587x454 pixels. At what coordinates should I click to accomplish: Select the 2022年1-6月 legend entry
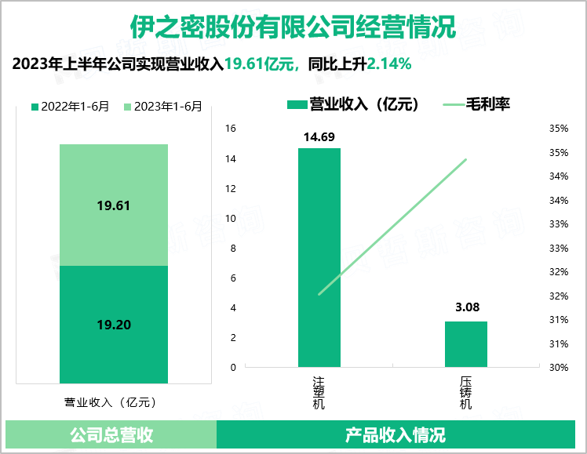tap(70, 107)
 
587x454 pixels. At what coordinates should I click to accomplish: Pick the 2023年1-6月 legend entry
tap(162, 107)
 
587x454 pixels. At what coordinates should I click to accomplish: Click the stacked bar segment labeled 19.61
tap(114, 205)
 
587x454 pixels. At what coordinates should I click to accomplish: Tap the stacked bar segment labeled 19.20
tap(114, 324)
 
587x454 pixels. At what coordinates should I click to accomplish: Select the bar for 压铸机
tap(466, 343)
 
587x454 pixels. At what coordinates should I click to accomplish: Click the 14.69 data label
tap(319, 137)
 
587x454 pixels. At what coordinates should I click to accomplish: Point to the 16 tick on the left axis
tap(230, 129)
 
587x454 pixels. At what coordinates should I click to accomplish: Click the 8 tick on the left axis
tap(232, 248)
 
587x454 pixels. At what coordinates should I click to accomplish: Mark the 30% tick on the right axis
tap(558, 367)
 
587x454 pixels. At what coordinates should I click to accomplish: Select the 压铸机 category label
tap(465, 393)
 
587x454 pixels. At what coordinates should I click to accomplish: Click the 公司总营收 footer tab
tap(111, 434)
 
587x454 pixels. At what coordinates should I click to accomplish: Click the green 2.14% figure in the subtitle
tap(390, 64)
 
